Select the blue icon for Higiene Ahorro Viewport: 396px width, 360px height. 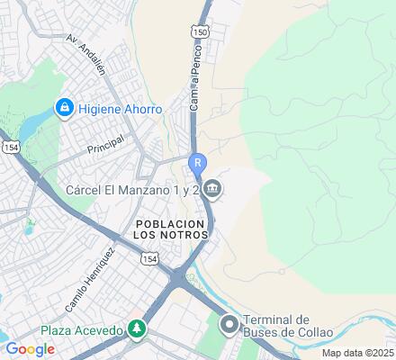(64, 109)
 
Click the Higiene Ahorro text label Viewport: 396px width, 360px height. (121, 109)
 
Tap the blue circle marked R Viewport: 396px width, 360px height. (198, 163)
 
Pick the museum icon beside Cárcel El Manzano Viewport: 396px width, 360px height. (213, 189)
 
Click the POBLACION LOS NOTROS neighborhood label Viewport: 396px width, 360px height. (170, 228)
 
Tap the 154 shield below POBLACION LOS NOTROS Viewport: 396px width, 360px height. (148, 257)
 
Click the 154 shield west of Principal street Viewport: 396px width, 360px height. (10, 147)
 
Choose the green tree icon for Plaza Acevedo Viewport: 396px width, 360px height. (136, 330)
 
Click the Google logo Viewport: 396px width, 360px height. (31, 348)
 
